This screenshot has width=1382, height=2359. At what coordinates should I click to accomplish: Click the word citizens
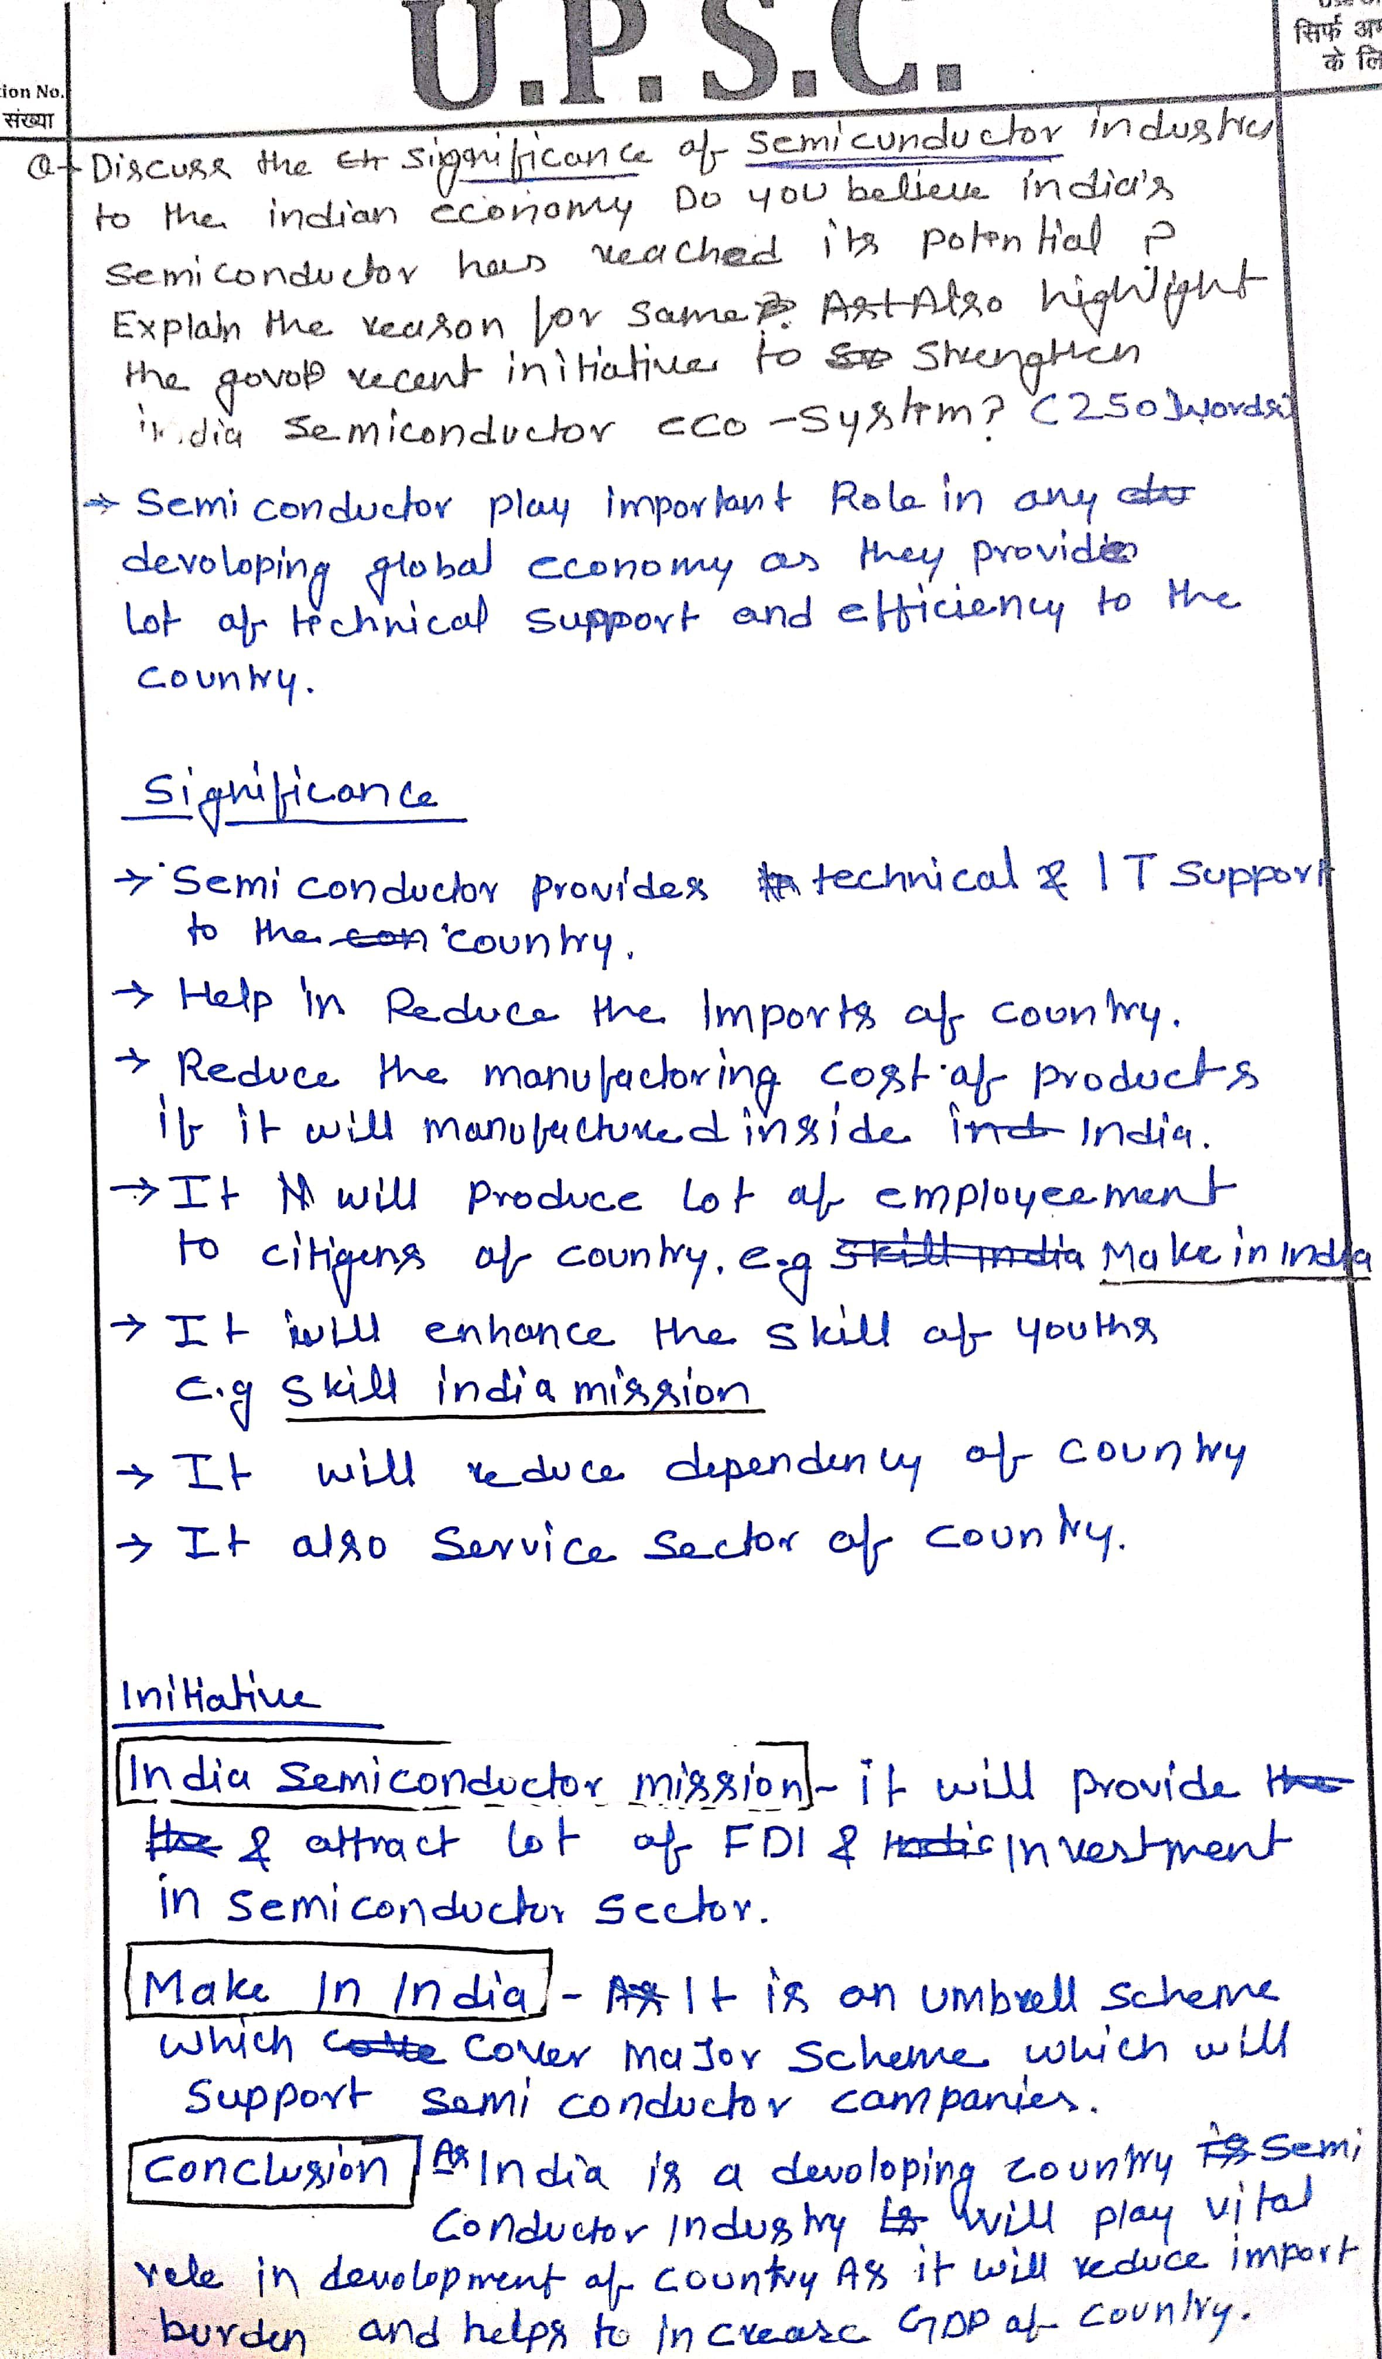click(x=343, y=1259)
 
